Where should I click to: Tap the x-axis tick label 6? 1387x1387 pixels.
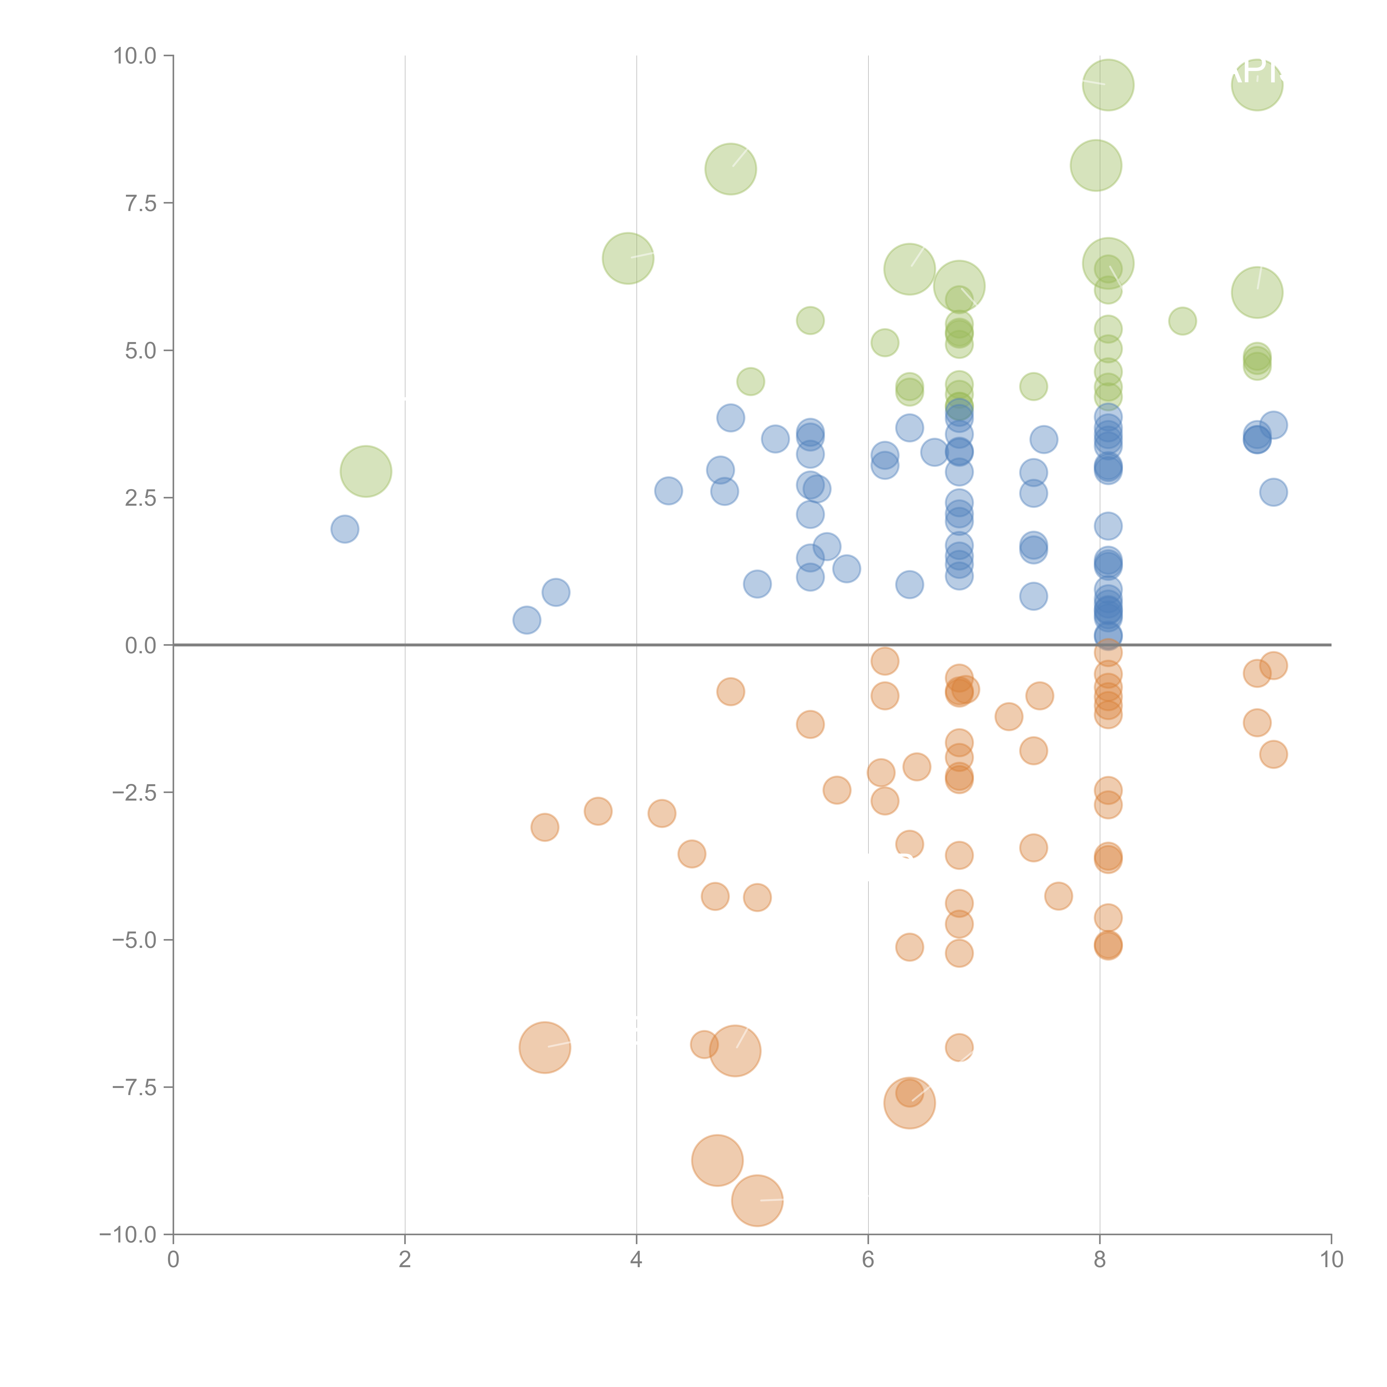868,1259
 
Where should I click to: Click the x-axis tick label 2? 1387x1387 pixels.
405,1259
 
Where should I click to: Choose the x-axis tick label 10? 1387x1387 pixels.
1331,1259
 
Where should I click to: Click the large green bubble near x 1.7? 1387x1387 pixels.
365,471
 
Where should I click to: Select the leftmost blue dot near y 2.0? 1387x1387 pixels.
345,529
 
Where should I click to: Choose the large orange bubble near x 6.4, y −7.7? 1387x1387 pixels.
909,1103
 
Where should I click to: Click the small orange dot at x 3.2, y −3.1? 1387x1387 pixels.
545,827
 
